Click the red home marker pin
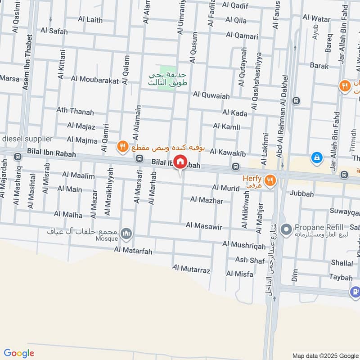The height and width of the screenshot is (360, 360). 180,162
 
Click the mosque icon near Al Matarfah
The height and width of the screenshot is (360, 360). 127,233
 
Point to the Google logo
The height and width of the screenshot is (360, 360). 19,353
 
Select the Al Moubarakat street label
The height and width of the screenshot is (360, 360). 94,79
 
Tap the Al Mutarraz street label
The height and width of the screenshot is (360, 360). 191,270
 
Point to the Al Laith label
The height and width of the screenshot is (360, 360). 90,20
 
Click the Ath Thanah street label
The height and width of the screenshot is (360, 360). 75,111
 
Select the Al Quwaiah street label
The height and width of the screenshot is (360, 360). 211,95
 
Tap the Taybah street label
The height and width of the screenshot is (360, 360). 341,277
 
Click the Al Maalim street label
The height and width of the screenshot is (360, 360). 79,175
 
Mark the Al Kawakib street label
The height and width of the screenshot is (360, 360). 228,154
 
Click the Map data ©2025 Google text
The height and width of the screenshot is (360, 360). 324,355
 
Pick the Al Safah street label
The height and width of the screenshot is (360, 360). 54,31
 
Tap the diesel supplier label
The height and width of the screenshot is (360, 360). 28,139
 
